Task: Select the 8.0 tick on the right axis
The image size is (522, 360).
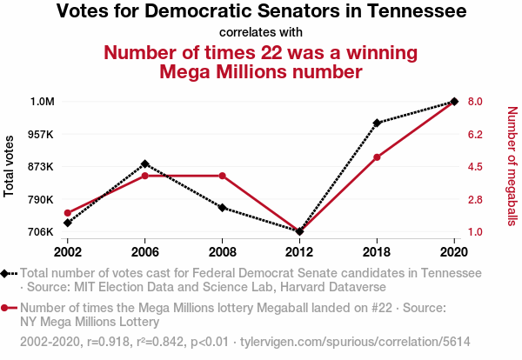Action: tap(474, 102)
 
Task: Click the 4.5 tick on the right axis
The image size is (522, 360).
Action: tap(474, 167)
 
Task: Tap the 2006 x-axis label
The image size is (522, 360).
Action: tap(144, 251)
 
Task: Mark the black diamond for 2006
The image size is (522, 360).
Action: tap(144, 163)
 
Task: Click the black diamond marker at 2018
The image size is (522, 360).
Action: tap(377, 123)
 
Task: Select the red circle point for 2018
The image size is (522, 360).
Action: tap(377, 157)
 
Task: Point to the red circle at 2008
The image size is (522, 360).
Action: tap(222, 176)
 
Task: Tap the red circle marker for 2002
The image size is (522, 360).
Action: tap(67, 213)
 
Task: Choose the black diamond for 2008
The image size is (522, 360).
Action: tap(222, 208)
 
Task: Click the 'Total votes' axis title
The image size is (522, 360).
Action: tap(10, 166)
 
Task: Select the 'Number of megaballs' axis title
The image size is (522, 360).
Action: tap(512, 166)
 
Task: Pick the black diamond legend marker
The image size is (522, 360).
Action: tap(6, 273)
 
